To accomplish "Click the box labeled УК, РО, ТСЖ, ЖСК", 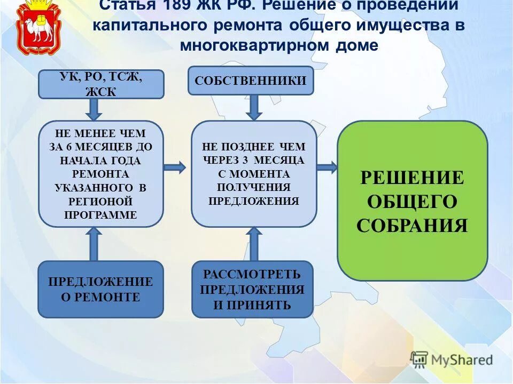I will click(x=101, y=84).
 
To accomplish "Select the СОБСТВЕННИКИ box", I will click(x=251, y=81).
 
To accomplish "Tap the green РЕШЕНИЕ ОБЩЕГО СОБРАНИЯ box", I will click(x=412, y=201).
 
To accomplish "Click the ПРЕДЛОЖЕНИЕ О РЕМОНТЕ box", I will click(x=100, y=289).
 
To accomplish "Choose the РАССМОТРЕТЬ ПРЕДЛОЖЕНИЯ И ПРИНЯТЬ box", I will click(x=252, y=289).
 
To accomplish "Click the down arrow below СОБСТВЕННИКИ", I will click(x=254, y=107).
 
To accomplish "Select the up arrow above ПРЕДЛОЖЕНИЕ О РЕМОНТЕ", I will click(x=94, y=243).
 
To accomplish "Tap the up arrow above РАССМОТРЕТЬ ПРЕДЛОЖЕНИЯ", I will click(x=254, y=243).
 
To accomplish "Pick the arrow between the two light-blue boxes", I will click(x=174, y=167).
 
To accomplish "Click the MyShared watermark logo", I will click(x=452, y=359).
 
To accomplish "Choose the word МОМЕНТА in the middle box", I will click(x=254, y=174).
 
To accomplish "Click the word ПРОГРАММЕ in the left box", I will click(x=100, y=215).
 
